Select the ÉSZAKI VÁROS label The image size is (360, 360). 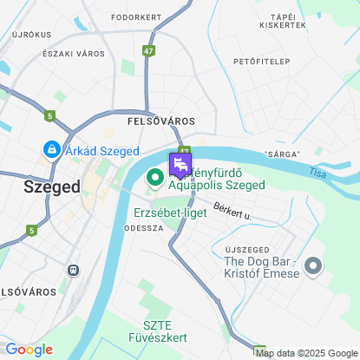[x=74, y=53]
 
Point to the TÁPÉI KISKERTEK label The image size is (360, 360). [x=289, y=21]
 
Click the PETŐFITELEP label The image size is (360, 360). [x=261, y=62]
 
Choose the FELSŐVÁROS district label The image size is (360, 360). [x=160, y=121]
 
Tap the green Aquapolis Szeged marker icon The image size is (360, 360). [x=156, y=179]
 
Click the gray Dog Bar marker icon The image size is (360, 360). [x=313, y=266]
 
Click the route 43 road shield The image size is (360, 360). [x=185, y=150]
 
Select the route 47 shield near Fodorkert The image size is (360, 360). [x=150, y=51]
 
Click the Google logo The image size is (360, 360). [x=29, y=350]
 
